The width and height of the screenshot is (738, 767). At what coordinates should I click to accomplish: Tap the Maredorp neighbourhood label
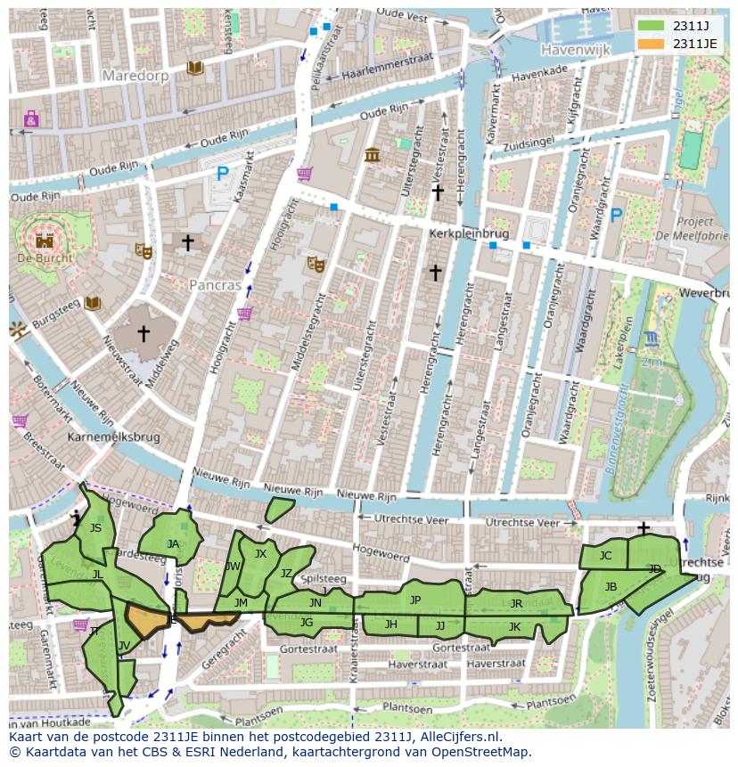(135, 76)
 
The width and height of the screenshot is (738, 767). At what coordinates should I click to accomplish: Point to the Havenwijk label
(575, 51)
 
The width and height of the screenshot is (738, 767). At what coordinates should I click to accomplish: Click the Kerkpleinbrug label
(468, 233)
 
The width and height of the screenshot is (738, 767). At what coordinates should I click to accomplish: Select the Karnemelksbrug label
(113, 438)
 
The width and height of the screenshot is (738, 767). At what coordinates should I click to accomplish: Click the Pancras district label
(215, 286)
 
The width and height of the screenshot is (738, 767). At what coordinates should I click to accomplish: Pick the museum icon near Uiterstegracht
(373, 155)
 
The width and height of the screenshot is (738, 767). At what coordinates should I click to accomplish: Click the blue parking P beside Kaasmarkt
(223, 175)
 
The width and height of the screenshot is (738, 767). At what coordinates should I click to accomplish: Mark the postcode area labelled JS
(95, 528)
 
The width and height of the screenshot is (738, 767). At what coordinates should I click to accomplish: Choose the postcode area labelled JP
(414, 600)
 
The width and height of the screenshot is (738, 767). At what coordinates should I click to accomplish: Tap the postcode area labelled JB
(611, 586)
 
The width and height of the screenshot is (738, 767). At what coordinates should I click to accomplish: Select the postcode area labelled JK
(514, 626)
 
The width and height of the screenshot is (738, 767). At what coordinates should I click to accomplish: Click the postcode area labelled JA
(173, 543)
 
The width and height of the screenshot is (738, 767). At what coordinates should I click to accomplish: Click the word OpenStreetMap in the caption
(478, 752)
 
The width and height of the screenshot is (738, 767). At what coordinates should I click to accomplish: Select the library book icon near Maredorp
(194, 69)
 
